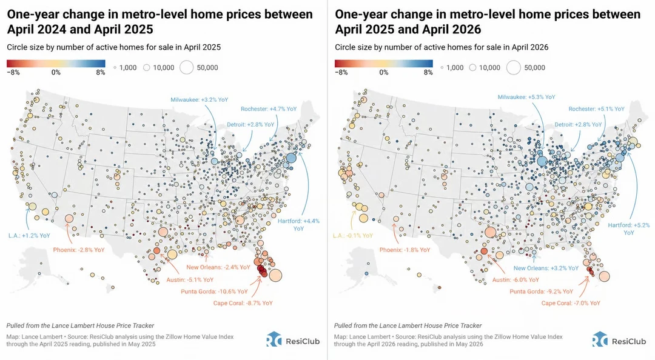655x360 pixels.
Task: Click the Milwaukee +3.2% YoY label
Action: click(200, 100)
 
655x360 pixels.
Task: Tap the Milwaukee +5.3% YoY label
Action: click(526, 97)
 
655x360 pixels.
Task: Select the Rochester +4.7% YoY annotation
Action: click(269, 109)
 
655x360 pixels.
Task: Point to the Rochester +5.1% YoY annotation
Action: click(597, 109)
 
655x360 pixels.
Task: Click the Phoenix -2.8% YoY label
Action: click(78, 250)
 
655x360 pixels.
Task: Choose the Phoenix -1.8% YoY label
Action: click(405, 250)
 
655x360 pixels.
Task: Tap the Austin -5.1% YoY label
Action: click(190, 280)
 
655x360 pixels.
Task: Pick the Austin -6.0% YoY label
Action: click(516, 280)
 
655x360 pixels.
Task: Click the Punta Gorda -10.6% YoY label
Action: click(214, 292)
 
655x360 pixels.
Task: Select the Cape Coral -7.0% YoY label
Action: click(571, 303)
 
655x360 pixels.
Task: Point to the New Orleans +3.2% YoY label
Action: click(546, 268)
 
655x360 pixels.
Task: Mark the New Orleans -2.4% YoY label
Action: click(218, 267)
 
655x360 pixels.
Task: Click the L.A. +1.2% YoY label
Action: click(29, 236)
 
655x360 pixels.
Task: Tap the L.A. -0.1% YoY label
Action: click(353, 236)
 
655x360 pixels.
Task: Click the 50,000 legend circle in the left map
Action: click(186, 68)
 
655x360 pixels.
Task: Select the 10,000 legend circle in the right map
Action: click(472, 68)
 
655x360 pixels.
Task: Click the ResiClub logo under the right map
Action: click(619, 340)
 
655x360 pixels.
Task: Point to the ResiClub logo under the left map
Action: click(293, 340)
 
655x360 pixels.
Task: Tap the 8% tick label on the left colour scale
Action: click(100, 72)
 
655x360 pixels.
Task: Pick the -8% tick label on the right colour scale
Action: click(341, 72)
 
